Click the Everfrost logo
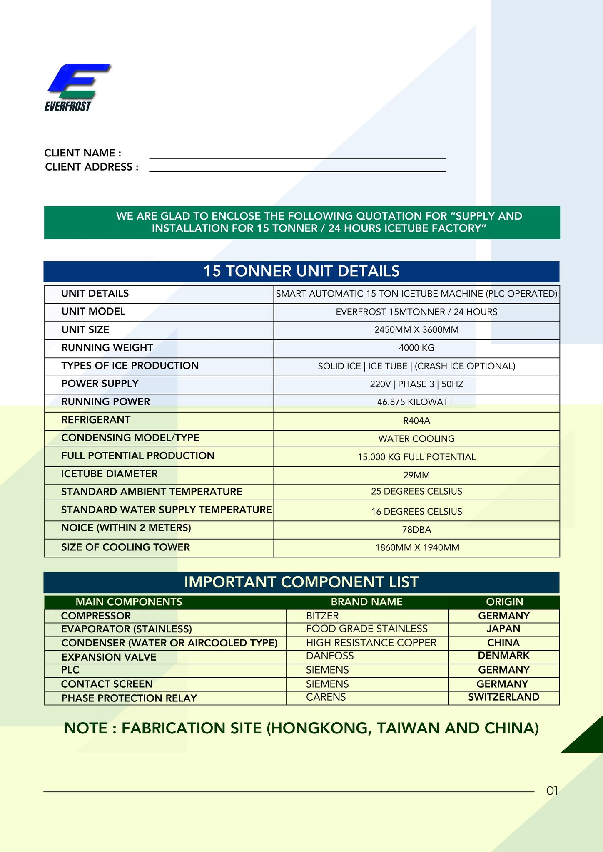click(77, 87)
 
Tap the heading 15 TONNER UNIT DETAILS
click(301, 271)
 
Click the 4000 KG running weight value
click(416, 348)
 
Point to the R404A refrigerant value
click(416, 421)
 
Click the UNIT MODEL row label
click(93, 312)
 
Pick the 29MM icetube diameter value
click(416, 475)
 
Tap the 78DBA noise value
click(416, 530)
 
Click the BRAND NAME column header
click(366, 602)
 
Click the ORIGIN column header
click(504, 602)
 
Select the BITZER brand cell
click(322, 616)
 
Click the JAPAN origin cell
click(503, 629)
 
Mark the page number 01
click(552, 791)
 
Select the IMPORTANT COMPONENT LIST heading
click(301, 582)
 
